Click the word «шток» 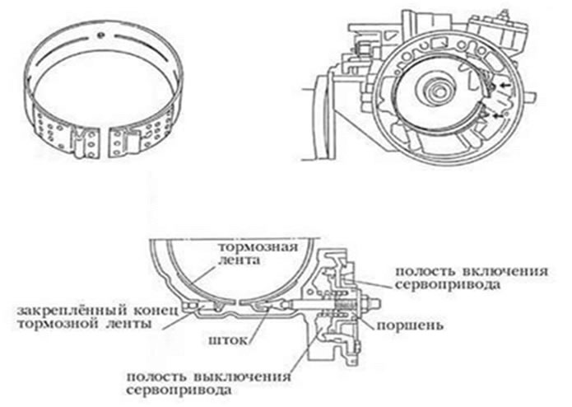tap(228, 340)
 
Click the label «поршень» tap(410, 325)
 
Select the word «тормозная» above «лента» tap(258, 247)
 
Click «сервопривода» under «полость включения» tap(448, 285)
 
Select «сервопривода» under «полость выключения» tap(179, 390)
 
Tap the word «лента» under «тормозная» tap(239, 260)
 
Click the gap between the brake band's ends tap(104, 143)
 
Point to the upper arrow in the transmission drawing tap(505, 85)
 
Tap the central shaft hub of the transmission tap(437, 90)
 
